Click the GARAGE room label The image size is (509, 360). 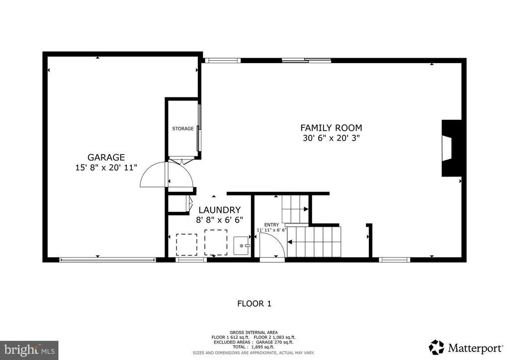[x=106, y=157]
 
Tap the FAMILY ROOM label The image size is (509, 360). [x=331, y=128]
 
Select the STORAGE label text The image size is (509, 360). [x=183, y=129]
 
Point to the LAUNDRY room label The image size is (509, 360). [x=220, y=210]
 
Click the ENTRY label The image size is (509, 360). [x=271, y=225]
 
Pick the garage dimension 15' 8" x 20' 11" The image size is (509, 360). [x=106, y=168]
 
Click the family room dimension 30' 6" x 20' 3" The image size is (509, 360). [x=332, y=138]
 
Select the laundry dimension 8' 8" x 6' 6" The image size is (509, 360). [x=219, y=220]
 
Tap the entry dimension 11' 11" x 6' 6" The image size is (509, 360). [x=272, y=230]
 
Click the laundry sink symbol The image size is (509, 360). [x=242, y=246]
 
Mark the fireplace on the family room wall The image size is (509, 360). [x=451, y=148]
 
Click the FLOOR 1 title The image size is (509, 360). [x=254, y=304]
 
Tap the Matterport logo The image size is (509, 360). [x=466, y=348]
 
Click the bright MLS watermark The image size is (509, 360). [x=29, y=350]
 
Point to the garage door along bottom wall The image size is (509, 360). [x=107, y=260]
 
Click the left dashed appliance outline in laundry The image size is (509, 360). [x=187, y=245]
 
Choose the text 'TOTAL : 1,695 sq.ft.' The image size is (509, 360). [x=254, y=347]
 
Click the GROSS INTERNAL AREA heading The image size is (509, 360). [x=254, y=333]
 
